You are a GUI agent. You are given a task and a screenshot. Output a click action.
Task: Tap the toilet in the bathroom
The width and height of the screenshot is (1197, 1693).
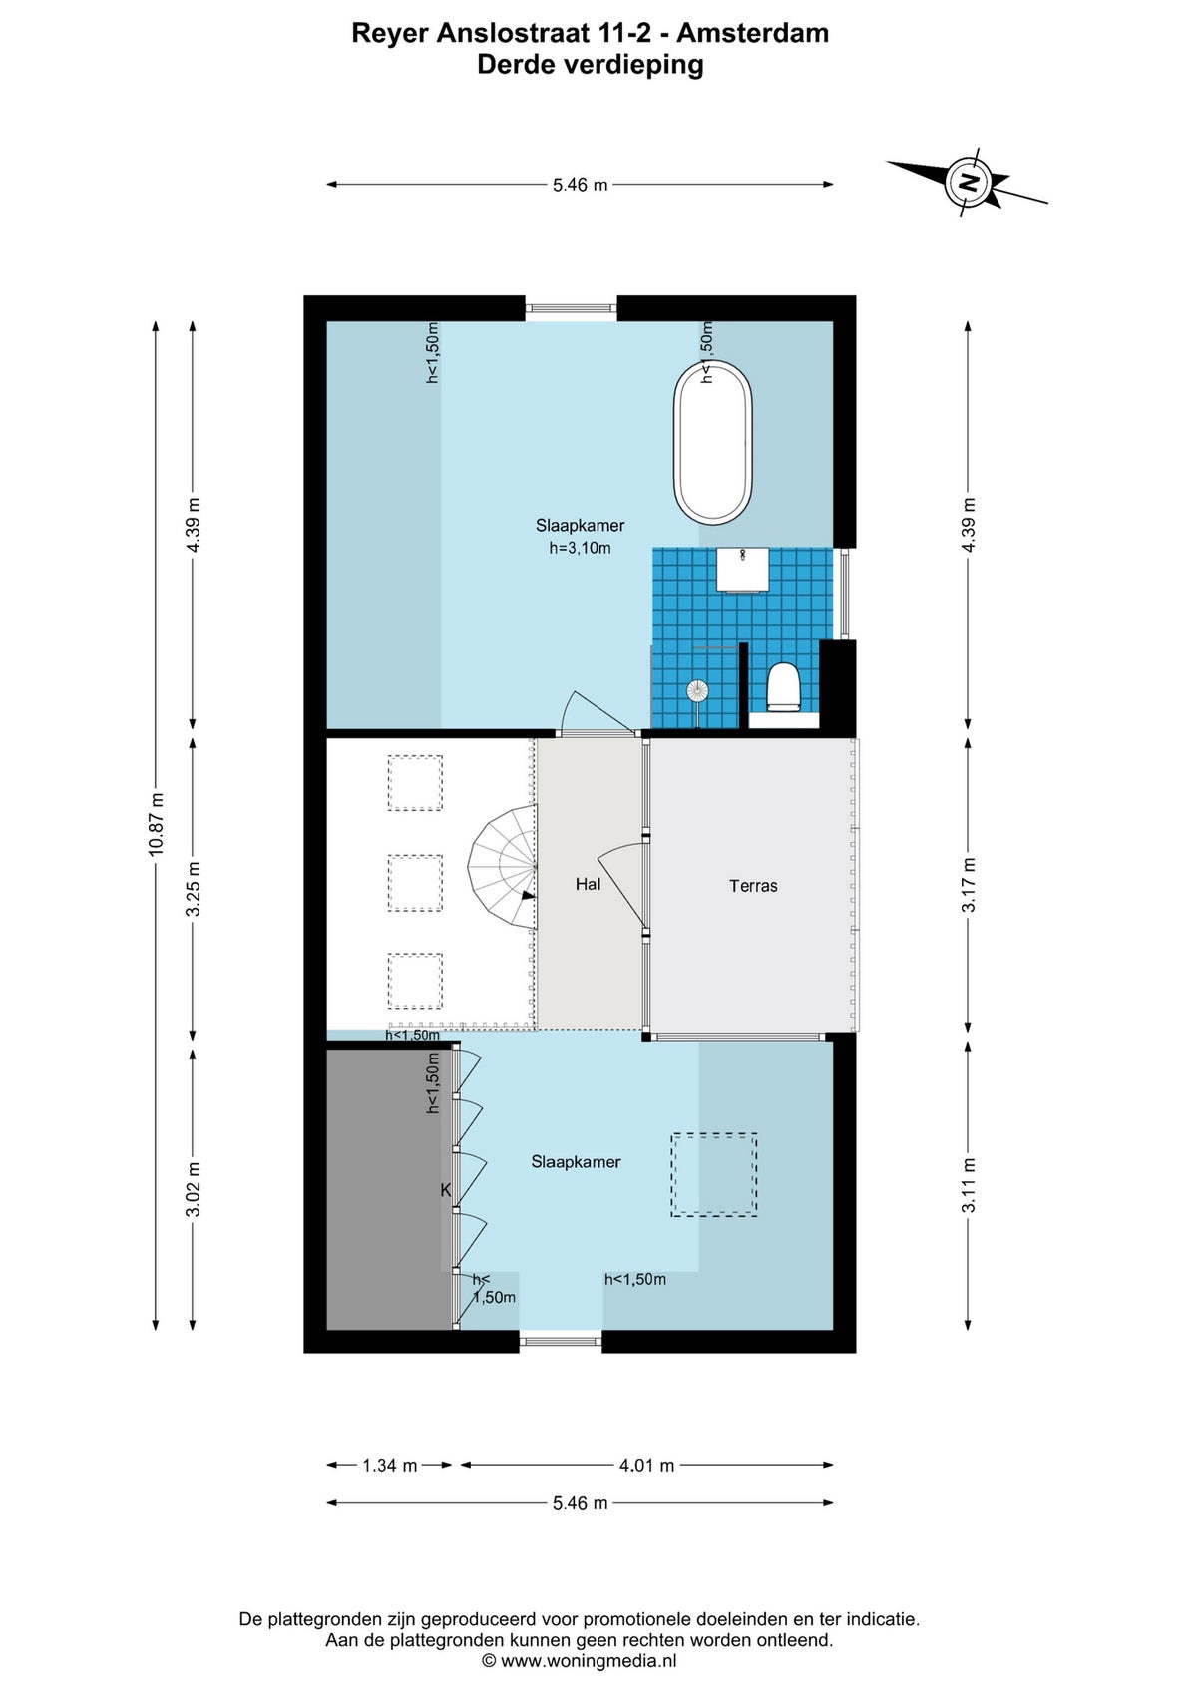point(783,687)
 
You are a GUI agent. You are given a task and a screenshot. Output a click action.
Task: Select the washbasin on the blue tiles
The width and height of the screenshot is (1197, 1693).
point(742,570)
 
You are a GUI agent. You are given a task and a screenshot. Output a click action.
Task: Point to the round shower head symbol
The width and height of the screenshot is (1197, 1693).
point(696,690)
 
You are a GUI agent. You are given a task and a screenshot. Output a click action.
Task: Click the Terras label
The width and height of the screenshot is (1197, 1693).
point(753,886)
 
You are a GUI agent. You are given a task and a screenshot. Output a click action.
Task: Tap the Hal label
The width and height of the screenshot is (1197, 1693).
point(588,884)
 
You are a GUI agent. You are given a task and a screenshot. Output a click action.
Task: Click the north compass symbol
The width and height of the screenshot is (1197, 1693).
point(968,183)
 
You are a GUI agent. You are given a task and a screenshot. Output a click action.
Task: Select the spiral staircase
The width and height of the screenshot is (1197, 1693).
point(502,868)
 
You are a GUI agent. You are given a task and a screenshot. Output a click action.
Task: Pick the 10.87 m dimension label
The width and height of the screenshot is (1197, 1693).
point(155,824)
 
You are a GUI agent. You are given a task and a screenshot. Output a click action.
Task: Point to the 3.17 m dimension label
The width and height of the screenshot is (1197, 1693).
point(968,885)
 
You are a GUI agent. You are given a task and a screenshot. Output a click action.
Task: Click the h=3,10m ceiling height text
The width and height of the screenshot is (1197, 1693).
point(580,548)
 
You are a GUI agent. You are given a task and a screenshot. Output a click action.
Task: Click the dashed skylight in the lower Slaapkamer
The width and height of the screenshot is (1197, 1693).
point(713,1174)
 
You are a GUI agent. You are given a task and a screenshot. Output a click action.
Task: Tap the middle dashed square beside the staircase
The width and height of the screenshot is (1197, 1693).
point(415,883)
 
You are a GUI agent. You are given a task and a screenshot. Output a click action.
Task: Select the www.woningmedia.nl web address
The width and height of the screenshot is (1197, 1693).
point(589,1660)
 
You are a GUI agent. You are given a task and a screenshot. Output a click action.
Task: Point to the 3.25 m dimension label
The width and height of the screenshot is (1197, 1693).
point(194,889)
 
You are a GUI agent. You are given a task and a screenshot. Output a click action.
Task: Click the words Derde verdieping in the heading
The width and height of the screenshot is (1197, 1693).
point(591,65)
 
